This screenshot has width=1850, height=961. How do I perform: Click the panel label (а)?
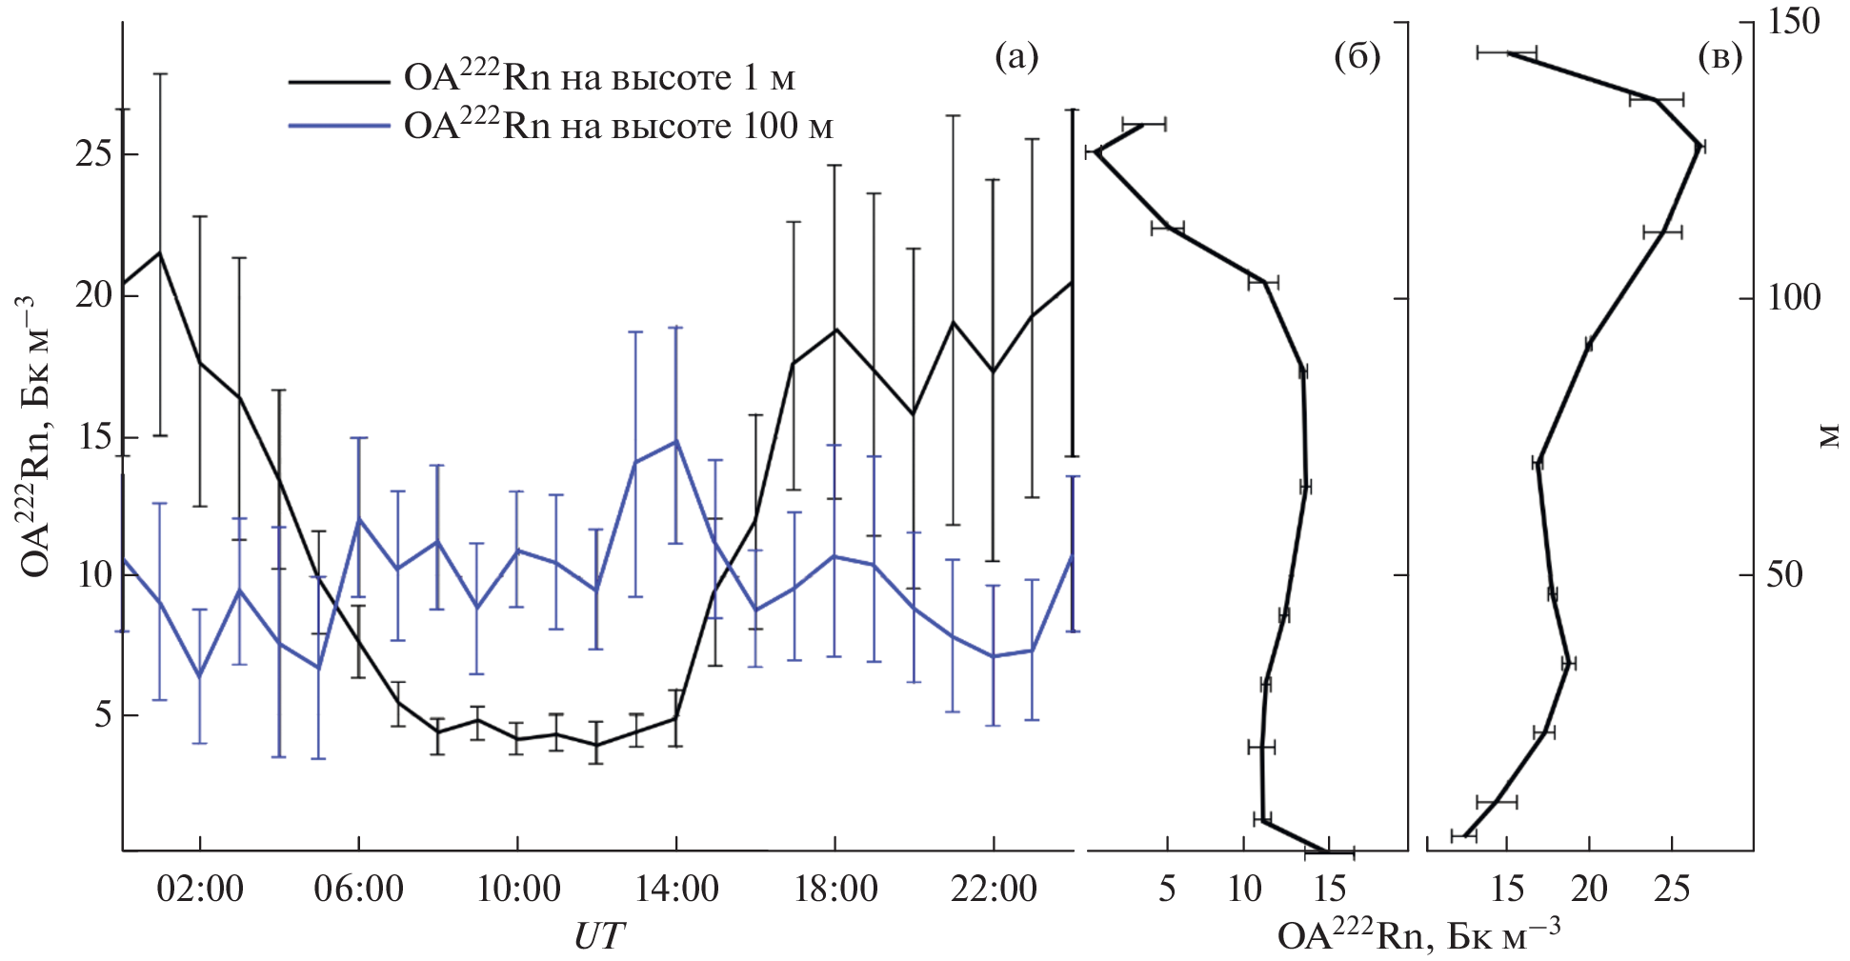coord(1015,57)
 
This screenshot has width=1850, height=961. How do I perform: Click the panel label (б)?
coord(1357,57)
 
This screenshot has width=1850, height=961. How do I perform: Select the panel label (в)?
coord(1720,57)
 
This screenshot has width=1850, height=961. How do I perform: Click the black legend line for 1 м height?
coord(338,82)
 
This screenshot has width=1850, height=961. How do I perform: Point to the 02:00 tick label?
coord(200,890)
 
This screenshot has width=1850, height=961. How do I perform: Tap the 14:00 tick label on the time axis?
coord(676,890)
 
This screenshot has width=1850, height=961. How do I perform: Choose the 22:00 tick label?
coord(994,890)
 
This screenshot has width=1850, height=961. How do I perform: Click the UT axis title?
coord(598,936)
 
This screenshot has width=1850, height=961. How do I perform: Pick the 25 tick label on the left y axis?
coord(93,154)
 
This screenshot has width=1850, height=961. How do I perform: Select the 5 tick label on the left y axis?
coord(103,715)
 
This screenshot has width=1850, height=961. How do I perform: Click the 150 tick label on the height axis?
coord(1794,22)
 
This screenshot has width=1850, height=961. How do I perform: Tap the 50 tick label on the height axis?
coord(1784,574)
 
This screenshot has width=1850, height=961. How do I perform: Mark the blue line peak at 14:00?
coord(676,441)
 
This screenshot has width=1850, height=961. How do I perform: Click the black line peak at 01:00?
coord(160,252)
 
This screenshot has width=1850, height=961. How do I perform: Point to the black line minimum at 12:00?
coord(596,745)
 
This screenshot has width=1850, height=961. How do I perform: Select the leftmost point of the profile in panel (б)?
coord(1096,151)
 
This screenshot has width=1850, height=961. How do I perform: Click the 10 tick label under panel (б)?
coord(1245,890)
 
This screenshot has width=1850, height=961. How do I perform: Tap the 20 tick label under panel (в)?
coord(1589,890)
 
